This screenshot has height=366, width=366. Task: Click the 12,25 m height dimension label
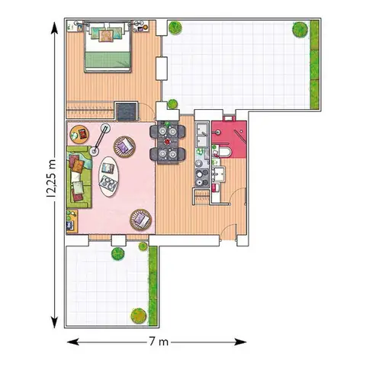[x=51, y=178]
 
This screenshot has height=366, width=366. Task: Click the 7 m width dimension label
[x=159, y=342]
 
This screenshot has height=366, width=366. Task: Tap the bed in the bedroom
[x=108, y=47]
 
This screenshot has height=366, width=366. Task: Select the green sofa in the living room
[x=79, y=177]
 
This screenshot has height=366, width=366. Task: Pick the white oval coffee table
[x=108, y=176]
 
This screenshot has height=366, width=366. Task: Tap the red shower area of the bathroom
[x=229, y=140]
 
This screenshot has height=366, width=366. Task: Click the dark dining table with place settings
[x=168, y=143]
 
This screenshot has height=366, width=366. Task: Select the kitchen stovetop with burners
[x=202, y=178]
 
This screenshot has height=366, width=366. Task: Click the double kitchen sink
[x=202, y=134]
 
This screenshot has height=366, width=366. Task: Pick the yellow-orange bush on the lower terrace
[x=139, y=316]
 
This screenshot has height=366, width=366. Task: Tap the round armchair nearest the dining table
[x=124, y=147]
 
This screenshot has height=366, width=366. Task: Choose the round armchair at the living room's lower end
[x=140, y=220]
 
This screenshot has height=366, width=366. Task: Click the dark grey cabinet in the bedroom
[x=127, y=111]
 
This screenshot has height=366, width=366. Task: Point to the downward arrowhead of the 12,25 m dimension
[x=54, y=323]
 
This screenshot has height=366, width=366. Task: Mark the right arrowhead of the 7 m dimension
[x=240, y=342]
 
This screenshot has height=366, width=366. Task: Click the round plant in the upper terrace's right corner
[x=300, y=30]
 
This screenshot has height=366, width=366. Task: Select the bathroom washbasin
[x=219, y=174]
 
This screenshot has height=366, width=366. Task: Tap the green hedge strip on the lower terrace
[x=153, y=286]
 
